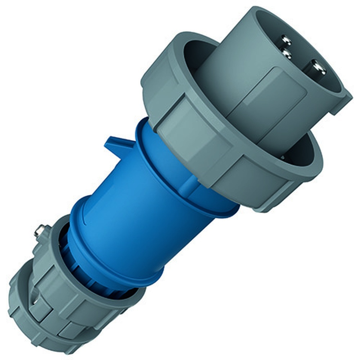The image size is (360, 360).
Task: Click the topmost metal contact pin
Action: click(286, 40)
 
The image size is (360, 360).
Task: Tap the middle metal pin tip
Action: click(287, 54)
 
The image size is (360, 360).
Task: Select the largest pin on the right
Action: click(318, 67)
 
